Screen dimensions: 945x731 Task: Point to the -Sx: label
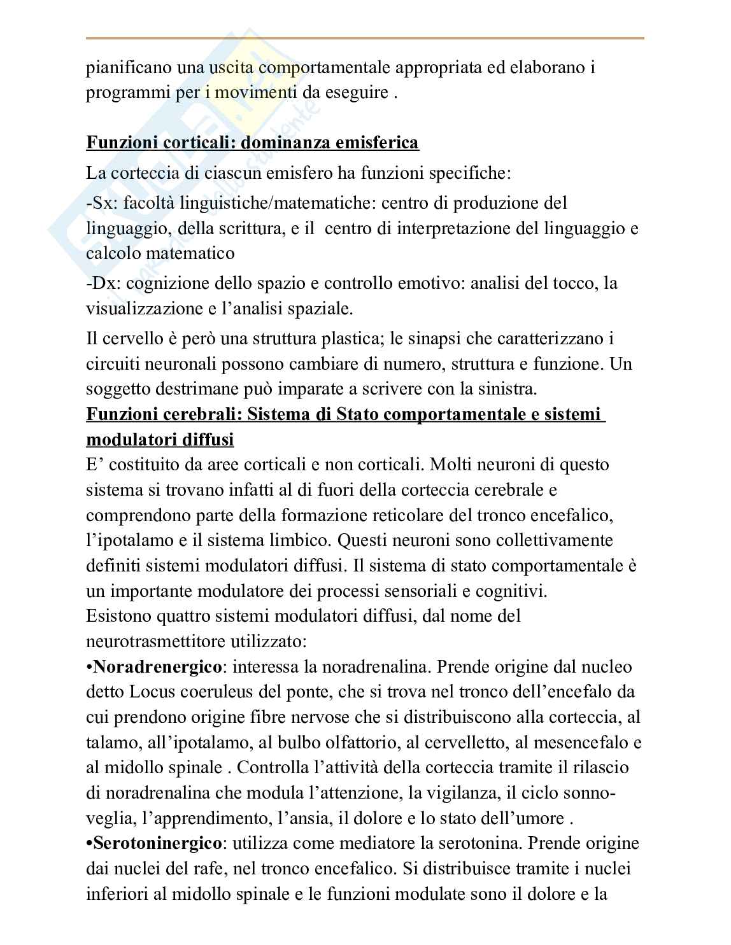tap(102, 203)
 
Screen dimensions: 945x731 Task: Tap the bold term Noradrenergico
tap(157, 667)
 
